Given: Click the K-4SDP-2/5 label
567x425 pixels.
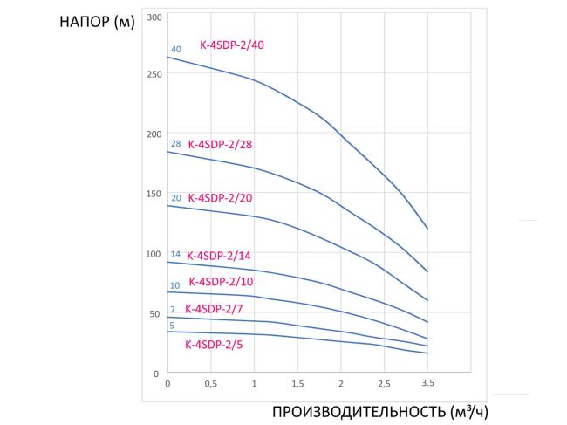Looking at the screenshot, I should pos(215,344).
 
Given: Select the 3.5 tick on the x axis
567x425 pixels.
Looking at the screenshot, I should pos(427,382).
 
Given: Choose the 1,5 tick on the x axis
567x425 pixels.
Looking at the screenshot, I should pos(297,383).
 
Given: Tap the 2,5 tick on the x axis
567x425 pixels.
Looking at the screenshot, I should pos(384,383).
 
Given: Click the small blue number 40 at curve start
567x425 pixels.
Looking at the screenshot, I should pos(176,50).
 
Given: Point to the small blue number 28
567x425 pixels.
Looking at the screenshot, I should pos(176,144).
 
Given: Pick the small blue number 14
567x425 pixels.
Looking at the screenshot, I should pos(175,254).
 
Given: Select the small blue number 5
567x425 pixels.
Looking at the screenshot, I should pos(172,326).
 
